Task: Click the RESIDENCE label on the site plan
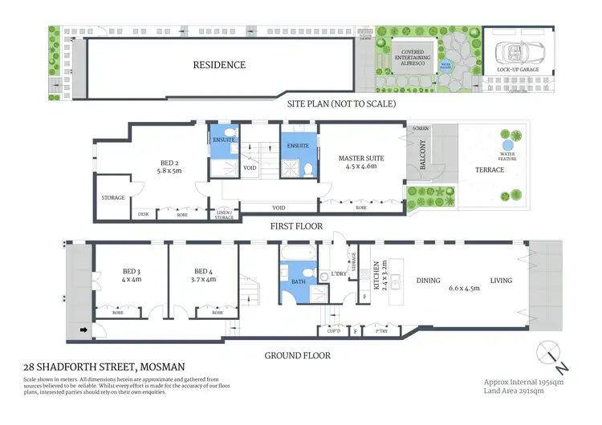[x=218, y=65]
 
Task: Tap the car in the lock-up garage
[x=514, y=53]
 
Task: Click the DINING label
[x=429, y=281]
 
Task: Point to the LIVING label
[x=501, y=281]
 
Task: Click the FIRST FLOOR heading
[x=298, y=227]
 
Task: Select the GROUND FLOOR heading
[x=298, y=355]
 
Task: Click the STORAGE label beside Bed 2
[x=112, y=197]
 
